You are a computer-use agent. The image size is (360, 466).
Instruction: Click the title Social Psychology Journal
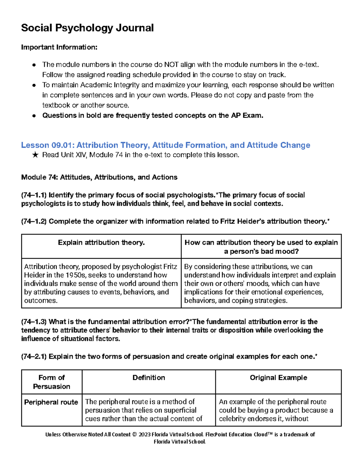(x=87, y=28)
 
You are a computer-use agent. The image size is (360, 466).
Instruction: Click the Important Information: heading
(x=59, y=47)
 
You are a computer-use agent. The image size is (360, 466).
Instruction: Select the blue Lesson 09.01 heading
(x=165, y=145)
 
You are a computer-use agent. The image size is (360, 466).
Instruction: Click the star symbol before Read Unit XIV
(x=35, y=155)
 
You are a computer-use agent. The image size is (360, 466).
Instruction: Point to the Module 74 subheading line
(x=99, y=177)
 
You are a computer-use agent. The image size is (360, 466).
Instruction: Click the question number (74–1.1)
(x=34, y=195)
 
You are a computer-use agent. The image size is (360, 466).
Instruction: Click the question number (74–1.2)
(x=34, y=221)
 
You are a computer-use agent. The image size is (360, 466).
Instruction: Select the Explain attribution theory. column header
(x=101, y=242)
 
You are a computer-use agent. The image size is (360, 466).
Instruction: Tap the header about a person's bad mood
(x=261, y=247)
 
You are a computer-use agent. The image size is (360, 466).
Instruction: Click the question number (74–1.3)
(x=34, y=322)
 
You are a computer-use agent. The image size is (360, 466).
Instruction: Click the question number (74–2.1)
(x=34, y=356)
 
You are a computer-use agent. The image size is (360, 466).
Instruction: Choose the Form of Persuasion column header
(x=52, y=382)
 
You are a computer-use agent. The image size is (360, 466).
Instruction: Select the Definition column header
(x=148, y=377)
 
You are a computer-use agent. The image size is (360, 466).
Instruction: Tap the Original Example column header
(x=278, y=377)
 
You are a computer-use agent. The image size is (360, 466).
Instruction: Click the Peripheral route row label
(x=51, y=402)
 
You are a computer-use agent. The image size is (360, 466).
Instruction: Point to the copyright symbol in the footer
(x=134, y=434)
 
